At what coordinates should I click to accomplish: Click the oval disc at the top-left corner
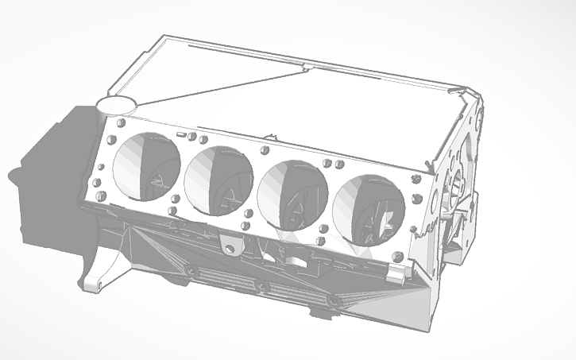(116, 104)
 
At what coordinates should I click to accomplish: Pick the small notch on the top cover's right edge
(458, 92)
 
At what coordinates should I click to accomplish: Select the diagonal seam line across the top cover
(222, 86)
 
